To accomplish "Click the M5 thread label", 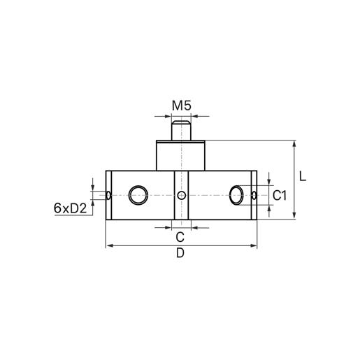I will point(181,107).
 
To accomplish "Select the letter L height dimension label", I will point(302,177).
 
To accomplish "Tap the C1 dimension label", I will point(280,196).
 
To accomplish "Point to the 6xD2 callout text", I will point(69,208).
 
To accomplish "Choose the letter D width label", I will point(180,254).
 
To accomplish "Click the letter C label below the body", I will point(180,236).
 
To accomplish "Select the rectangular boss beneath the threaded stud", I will point(180,155).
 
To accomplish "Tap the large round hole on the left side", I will point(138,195).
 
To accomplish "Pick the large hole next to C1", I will point(238,195).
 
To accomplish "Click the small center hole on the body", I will point(181,195).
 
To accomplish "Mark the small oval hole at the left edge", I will point(109,195).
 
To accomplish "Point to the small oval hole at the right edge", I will point(253,195).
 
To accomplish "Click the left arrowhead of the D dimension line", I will point(108,246).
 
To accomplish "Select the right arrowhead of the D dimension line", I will point(253,246).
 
